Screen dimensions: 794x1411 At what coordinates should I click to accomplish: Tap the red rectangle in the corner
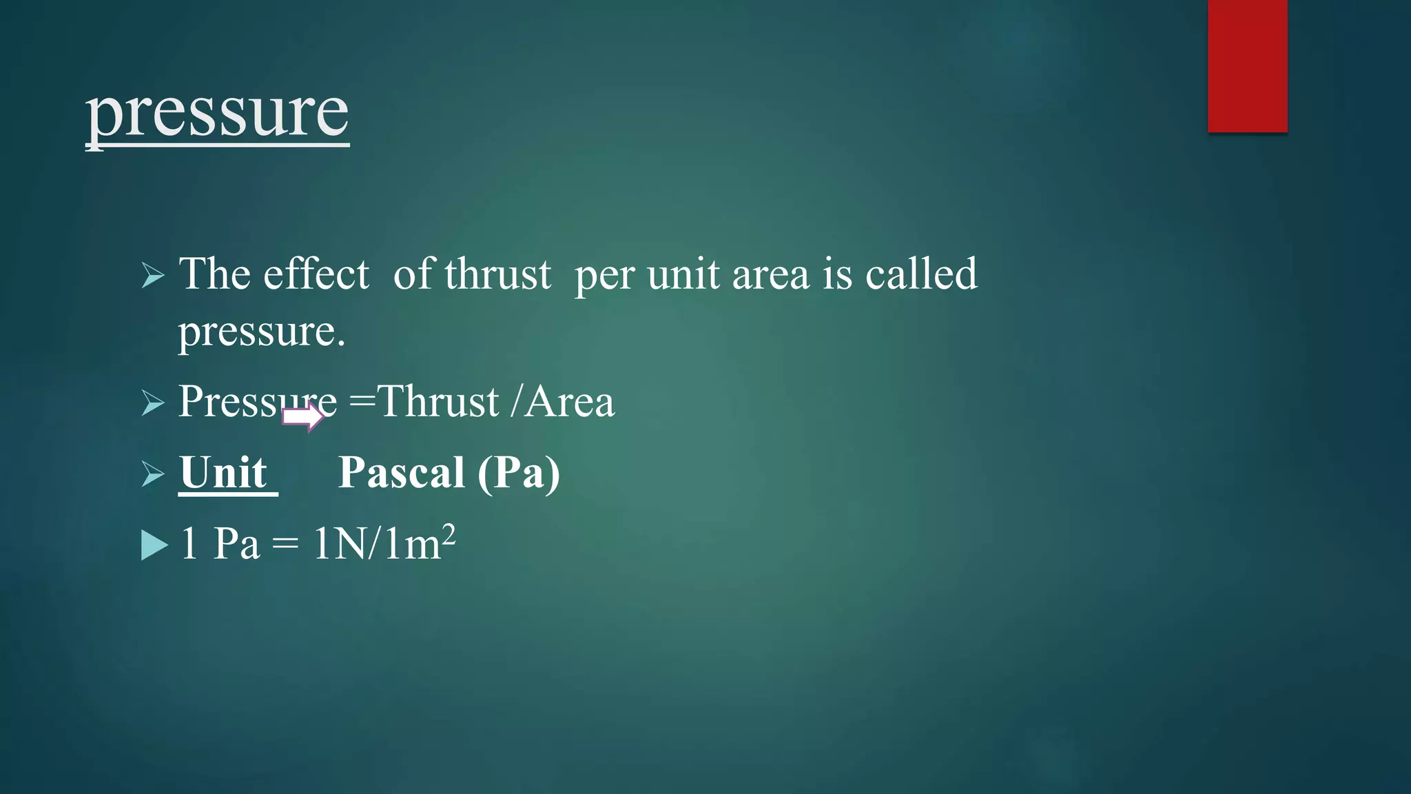tap(1247, 66)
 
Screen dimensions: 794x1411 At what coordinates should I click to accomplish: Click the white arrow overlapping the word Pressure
tap(302, 417)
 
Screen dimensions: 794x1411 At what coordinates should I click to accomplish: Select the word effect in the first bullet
tap(316, 274)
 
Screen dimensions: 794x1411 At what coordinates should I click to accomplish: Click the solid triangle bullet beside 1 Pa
tap(154, 545)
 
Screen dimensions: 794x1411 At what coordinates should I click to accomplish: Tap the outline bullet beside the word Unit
tap(152, 474)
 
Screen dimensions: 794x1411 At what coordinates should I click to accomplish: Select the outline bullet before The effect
tap(152, 276)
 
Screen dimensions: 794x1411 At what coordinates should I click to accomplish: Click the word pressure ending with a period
tap(261, 332)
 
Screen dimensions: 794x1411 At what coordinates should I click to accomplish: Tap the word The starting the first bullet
tap(214, 274)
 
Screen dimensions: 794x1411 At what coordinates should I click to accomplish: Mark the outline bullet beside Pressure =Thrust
tap(152, 403)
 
